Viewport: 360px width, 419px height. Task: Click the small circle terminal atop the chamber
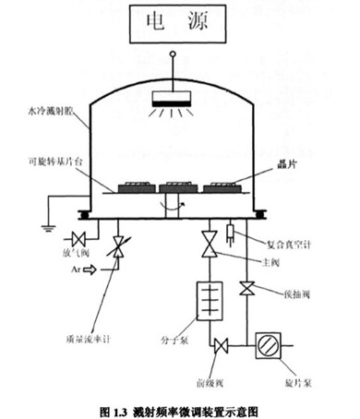point(173,55)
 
